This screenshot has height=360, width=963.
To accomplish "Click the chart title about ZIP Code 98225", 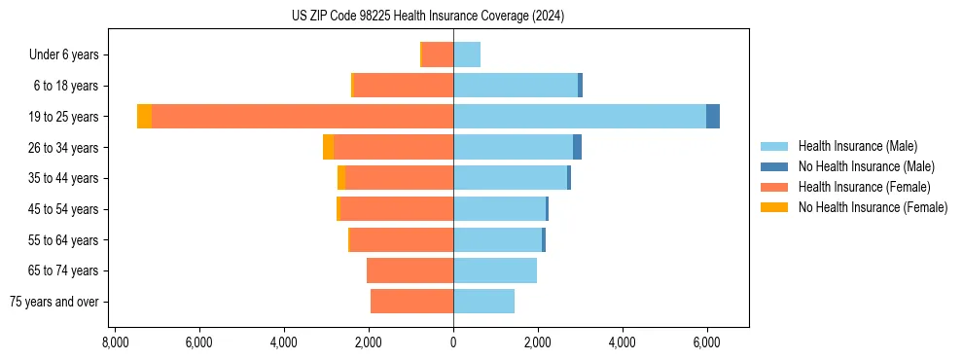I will [428, 16].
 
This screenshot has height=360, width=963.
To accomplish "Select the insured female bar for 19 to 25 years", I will [302, 116].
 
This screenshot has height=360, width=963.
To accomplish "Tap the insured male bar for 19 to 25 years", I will [579, 116].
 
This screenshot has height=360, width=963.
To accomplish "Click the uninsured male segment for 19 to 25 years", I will [713, 116].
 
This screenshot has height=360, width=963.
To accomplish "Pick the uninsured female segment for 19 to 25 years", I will [144, 116].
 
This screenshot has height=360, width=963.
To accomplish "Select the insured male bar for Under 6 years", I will [467, 54].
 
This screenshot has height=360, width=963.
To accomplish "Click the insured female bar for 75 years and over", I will [411, 302].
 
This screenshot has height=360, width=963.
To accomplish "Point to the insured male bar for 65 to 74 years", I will [495, 270].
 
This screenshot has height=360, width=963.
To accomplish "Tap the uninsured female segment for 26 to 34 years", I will [328, 147].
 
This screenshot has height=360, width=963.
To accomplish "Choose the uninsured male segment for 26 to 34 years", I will [577, 147].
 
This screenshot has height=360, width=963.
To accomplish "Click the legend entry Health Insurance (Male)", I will [857, 146].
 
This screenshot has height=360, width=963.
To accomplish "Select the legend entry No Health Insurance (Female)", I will [873, 207].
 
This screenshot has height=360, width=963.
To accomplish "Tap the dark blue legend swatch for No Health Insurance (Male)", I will [775, 166].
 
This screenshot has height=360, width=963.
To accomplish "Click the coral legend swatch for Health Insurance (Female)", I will [775, 187].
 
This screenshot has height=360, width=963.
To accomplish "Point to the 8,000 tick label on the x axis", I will [115, 342].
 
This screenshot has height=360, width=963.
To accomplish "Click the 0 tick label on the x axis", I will [453, 342].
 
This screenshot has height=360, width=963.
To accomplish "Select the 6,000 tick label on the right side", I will [706, 342].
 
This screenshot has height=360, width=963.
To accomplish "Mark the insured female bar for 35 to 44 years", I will [399, 178].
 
